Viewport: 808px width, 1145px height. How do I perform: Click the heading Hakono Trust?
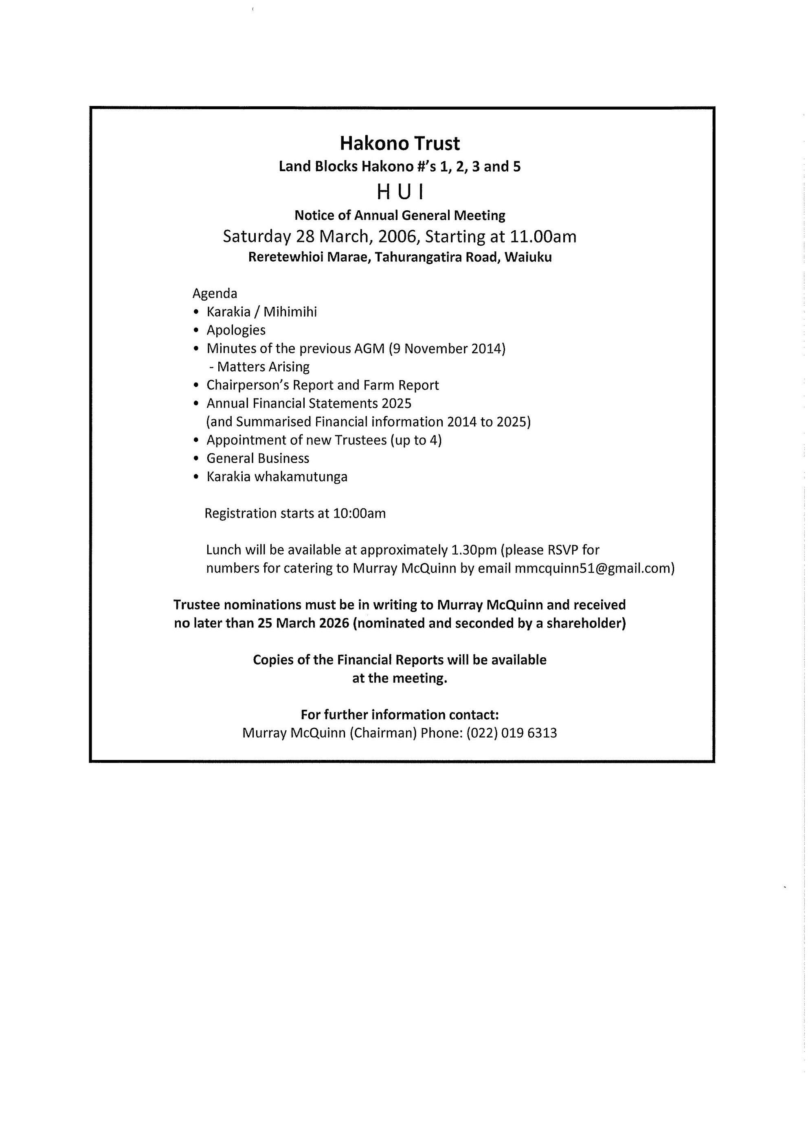pos(400,143)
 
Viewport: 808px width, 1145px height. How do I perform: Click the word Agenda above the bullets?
pos(215,293)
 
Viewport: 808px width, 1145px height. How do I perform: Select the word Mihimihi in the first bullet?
pos(290,312)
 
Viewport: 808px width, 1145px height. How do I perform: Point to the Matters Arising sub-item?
pos(259,367)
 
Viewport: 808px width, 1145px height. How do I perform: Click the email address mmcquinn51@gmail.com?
pos(593,568)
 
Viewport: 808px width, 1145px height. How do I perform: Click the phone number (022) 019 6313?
pos(512,733)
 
